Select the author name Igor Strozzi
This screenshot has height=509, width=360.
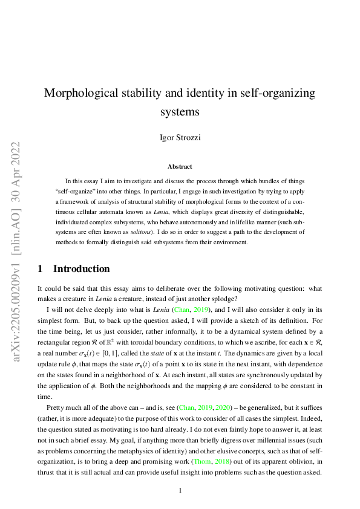[180, 137]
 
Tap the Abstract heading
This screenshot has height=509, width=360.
[180, 166]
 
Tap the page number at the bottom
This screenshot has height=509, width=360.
[180, 490]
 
